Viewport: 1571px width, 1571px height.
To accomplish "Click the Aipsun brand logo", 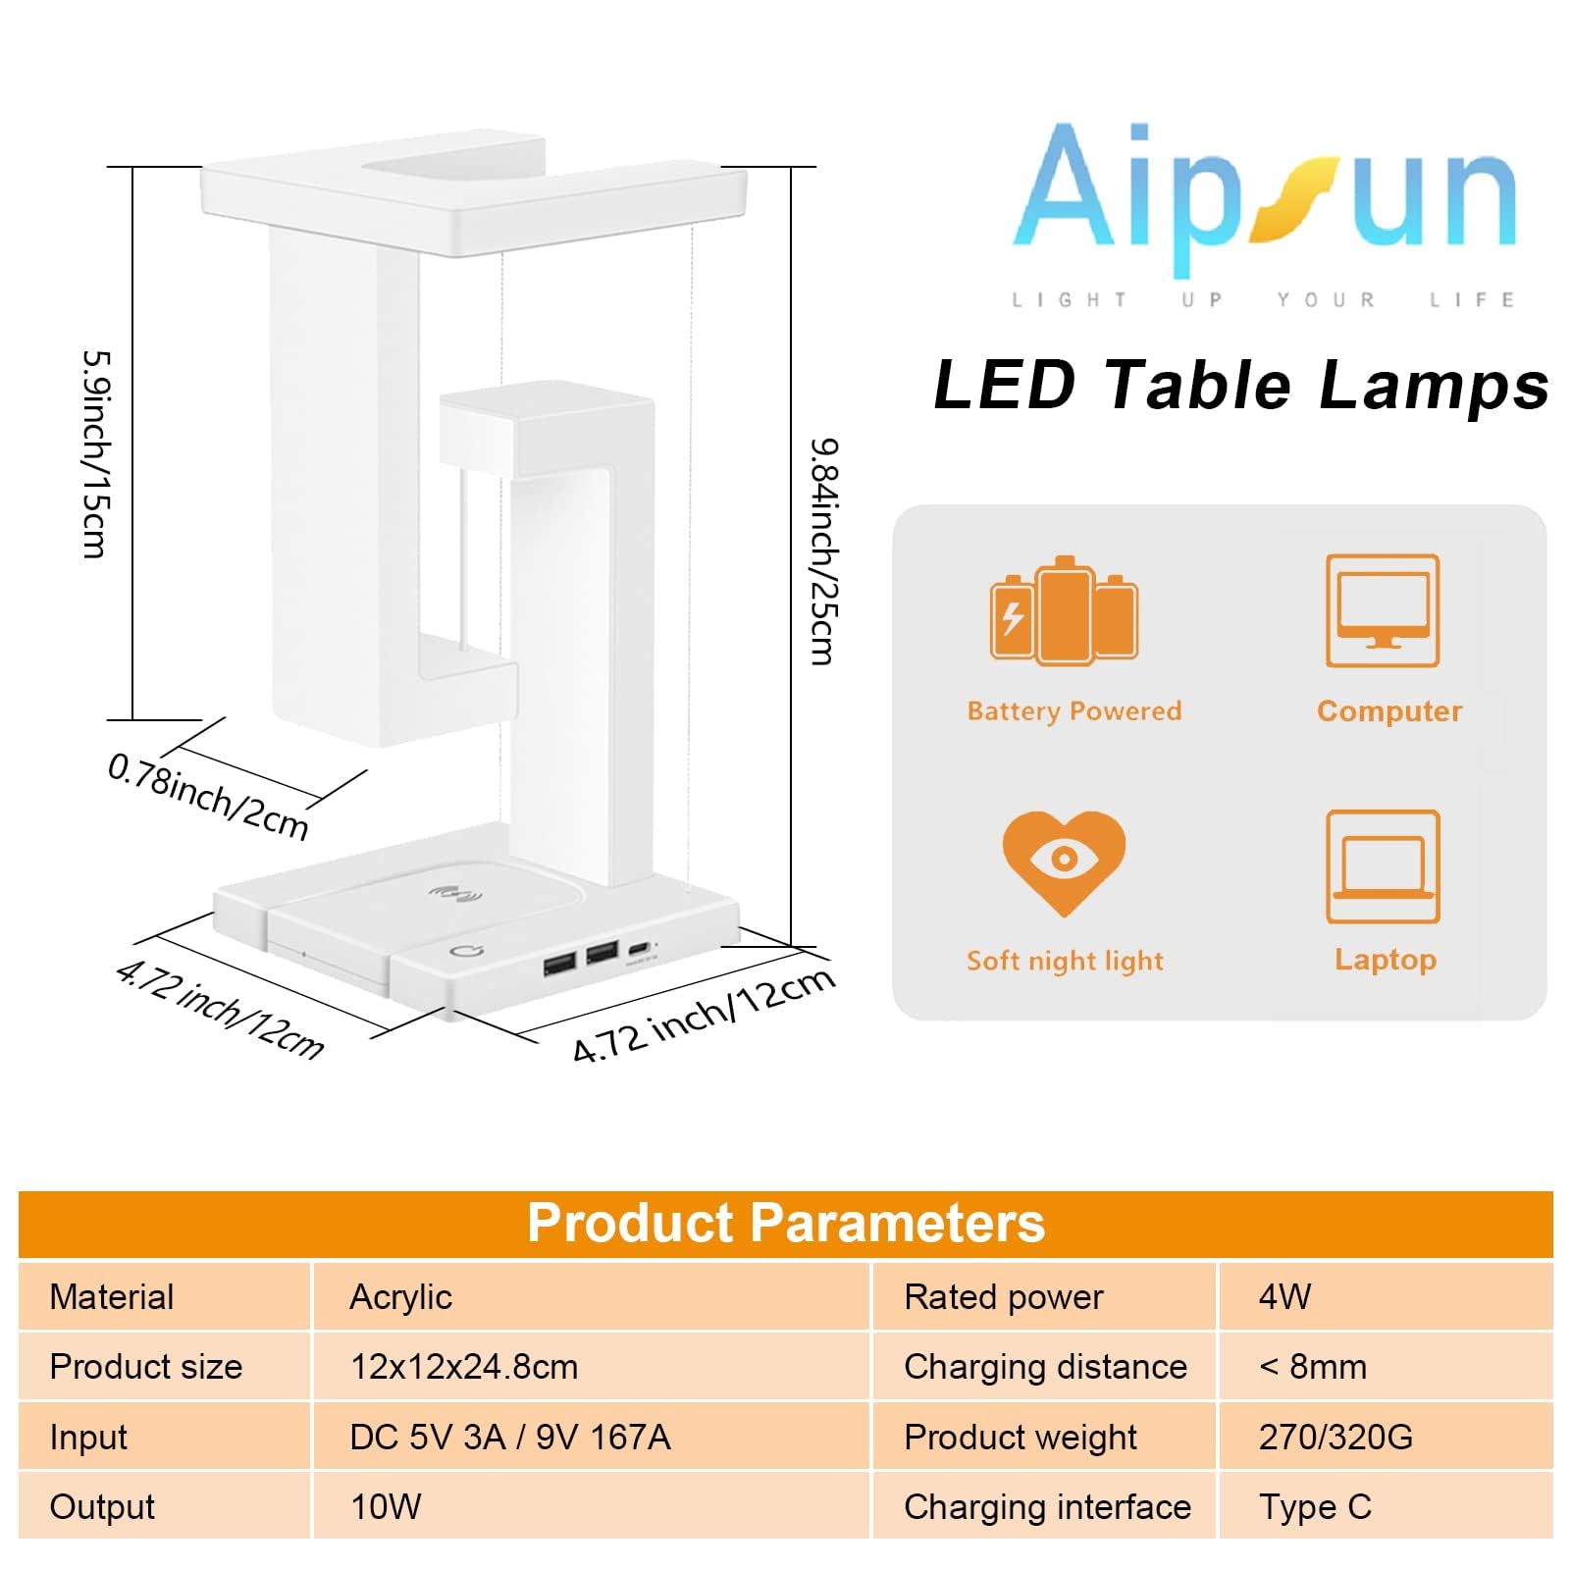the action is pyautogui.click(x=1264, y=196).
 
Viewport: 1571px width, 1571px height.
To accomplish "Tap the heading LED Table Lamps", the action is pyautogui.click(x=1240, y=385).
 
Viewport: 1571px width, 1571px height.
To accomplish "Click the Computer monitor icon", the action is pyautogui.click(x=1383, y=610).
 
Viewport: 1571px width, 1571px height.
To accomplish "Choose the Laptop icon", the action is pyautogui.click(x=1383, y=866).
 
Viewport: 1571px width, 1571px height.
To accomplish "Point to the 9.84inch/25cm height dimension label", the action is pyautogui.click(x=823, y=551).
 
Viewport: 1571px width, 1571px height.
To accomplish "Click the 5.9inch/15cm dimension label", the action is pyautogui.click(x=96, y=454).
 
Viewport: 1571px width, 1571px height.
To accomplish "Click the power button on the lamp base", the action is pyautogui.click(x=466, y=951).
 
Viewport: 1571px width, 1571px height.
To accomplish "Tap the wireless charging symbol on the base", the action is pyautogui.click(x=457, y=894).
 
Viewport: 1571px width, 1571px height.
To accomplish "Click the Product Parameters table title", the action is pyautogui.click(x=785, y=1223).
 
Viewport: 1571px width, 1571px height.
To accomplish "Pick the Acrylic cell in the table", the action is pyautogui.click(x=400, y=1297).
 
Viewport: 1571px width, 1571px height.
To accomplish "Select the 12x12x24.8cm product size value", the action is pyautogui.click(x=464, y=1367).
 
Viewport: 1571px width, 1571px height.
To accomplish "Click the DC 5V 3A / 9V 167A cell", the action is pyautogui.click(x=510, y=1438).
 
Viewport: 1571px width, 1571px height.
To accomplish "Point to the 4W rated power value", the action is pyautogui.click(x=1284, y=1297).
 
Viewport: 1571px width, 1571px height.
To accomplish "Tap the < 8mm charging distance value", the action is pyautogui.click(x=1312, y=1367).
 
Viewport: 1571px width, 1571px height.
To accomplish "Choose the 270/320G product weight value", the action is pyautogui.click(x=1335, y=1438).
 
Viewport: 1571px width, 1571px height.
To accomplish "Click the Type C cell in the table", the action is pyautogui.click(x=1315, y=1507).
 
